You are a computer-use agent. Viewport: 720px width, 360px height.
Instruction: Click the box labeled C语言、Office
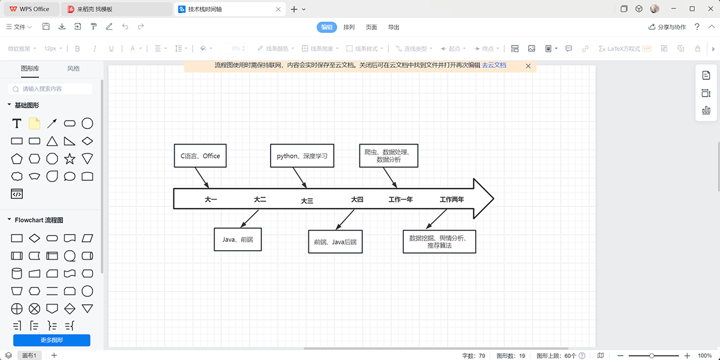(200, 156)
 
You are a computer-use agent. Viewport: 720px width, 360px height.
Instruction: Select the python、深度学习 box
(302, 156)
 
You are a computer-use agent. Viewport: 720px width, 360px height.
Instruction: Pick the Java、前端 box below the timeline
(238, 239)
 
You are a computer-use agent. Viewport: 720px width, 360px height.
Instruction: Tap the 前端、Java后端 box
(335, 242)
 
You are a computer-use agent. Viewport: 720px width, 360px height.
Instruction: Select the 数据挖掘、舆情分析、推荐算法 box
(439, 242)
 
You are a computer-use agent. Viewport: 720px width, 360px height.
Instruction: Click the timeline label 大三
(307, 201)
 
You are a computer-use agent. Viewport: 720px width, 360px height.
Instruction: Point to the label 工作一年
(400, 199)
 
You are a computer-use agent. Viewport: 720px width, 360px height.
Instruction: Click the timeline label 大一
(211, 199)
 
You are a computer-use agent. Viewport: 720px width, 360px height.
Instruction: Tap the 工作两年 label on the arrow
(451, 199)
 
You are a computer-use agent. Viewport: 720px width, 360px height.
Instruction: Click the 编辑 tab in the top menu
(326, 27)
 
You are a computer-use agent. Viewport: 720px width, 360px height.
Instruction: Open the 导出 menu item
(394, 27)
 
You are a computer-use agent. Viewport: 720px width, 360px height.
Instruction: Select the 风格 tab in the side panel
(73, 68)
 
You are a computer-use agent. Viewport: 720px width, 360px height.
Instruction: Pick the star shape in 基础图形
(70, 159)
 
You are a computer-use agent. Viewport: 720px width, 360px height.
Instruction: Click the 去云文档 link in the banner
(494, 65)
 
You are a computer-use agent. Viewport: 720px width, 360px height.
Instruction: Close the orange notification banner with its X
(528, 65)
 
